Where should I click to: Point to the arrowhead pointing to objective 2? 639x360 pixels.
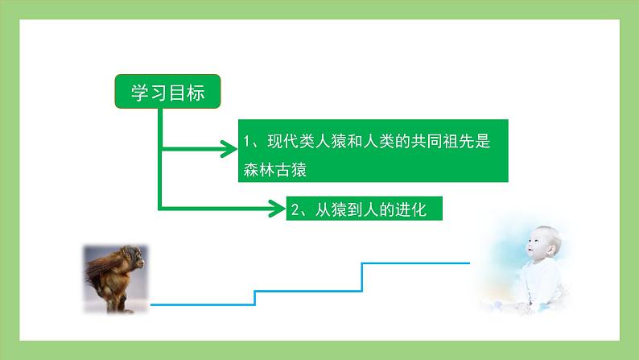point(278,209)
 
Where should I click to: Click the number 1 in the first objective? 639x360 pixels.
point(248,143)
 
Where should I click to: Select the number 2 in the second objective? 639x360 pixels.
point(296,209)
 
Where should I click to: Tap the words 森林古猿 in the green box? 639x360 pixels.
point(275,168)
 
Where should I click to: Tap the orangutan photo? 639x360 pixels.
point(116,279)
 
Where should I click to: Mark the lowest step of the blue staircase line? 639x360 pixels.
point(201,304)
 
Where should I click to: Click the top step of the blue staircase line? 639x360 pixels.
point(415,263)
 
